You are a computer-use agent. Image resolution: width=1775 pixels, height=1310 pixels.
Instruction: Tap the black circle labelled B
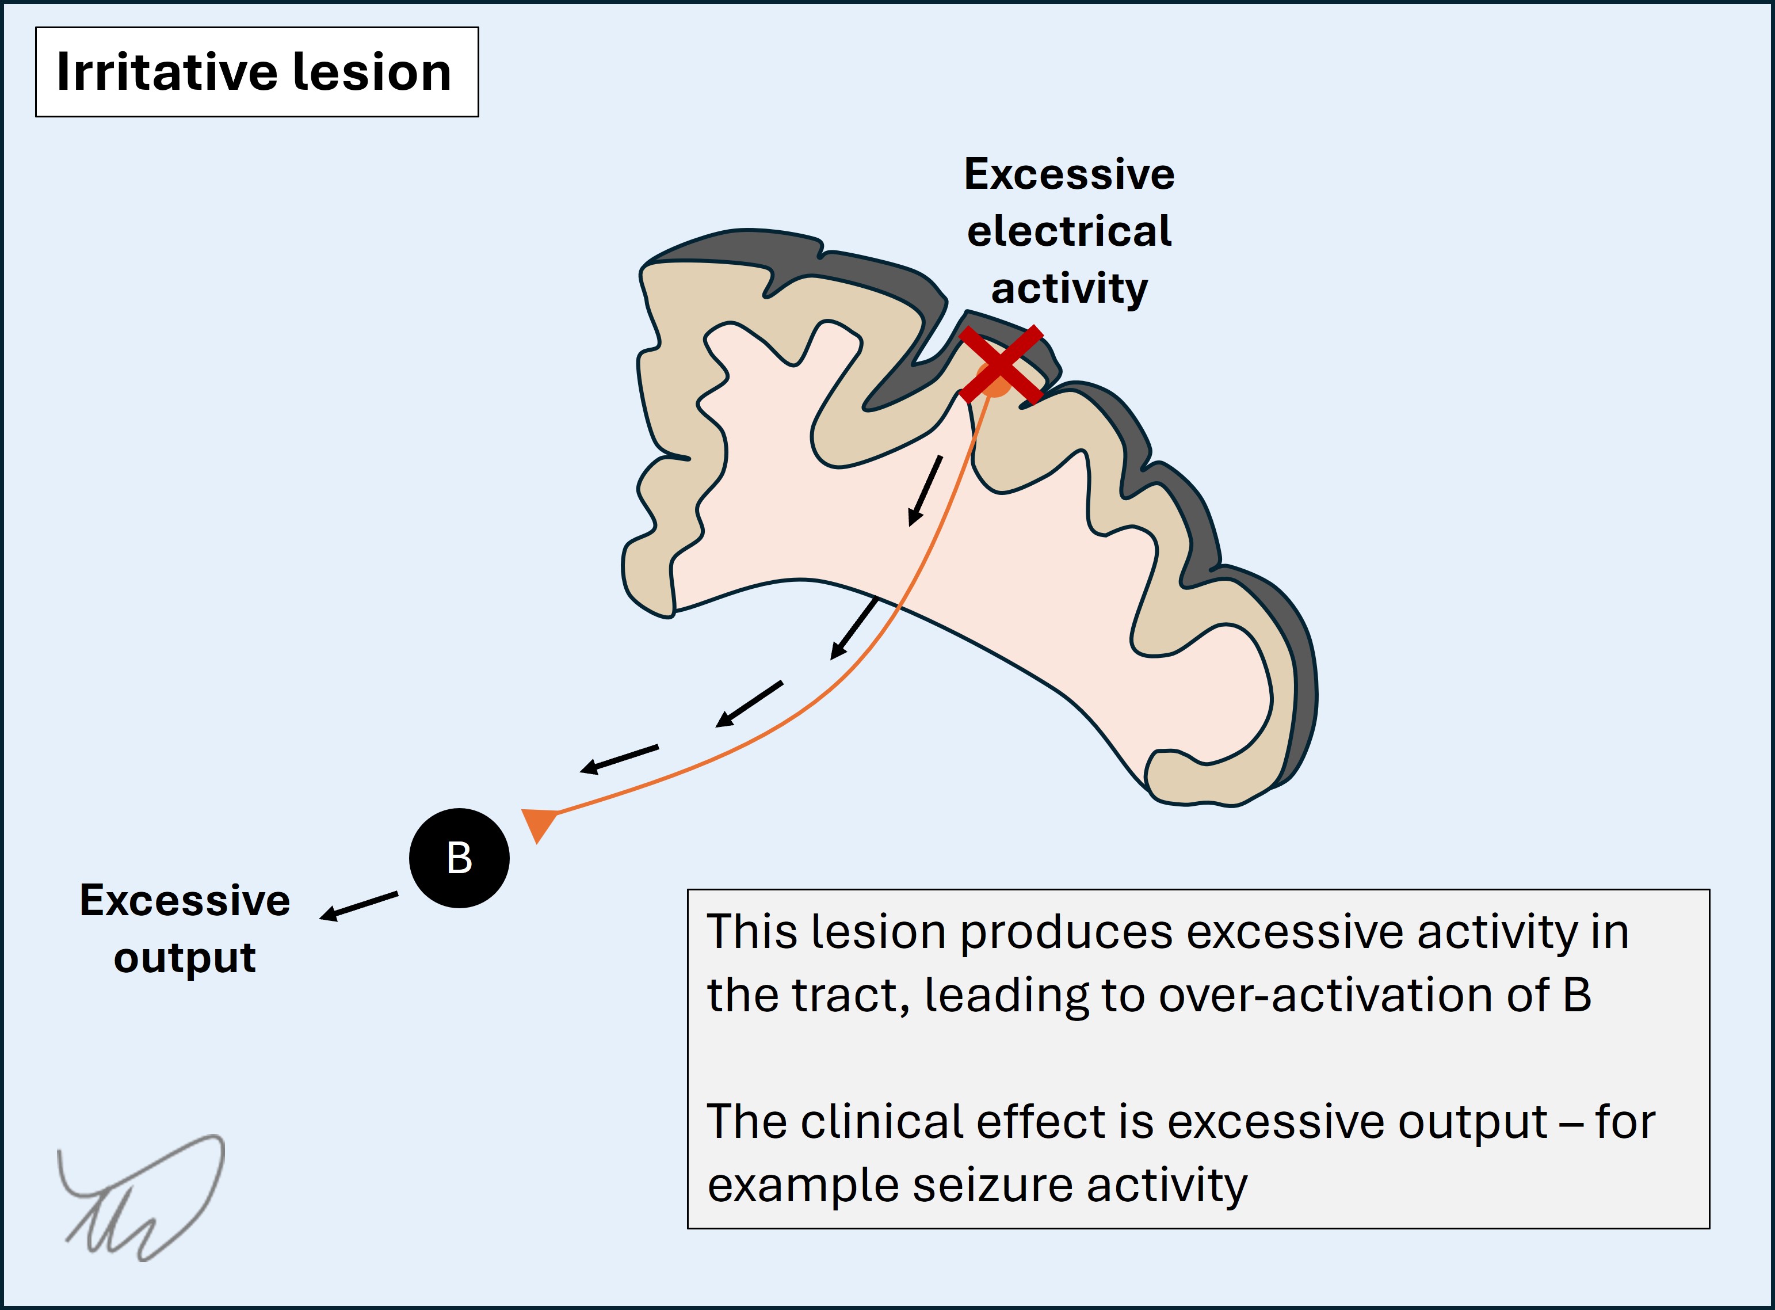459,858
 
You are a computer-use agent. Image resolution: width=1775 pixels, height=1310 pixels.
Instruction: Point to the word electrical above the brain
1068,231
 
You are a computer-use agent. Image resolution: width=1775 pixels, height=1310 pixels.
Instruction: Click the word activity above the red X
1068,288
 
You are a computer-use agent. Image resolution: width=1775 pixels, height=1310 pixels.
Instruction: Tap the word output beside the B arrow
185,958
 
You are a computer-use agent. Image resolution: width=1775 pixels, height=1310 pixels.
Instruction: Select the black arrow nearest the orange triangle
619,759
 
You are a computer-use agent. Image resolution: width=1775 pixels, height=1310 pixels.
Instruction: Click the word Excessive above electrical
1068,174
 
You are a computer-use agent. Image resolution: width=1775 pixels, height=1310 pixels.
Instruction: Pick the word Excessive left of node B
185,901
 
